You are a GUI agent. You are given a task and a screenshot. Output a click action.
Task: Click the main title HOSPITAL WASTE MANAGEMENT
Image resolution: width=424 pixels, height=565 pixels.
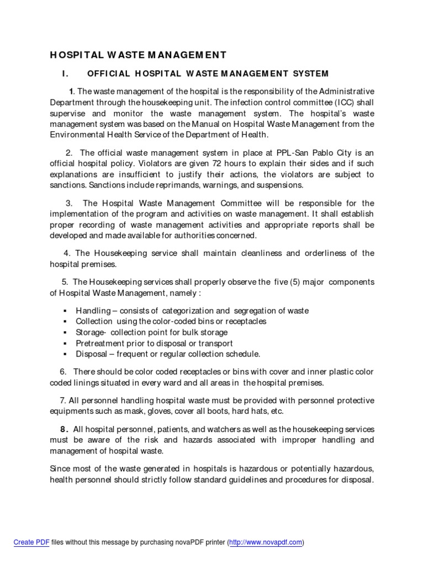pyautogui.click(x=138, y=55)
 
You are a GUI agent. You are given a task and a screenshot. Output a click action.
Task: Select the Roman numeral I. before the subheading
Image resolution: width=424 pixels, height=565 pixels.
pyautogui.click(x=64, y=73)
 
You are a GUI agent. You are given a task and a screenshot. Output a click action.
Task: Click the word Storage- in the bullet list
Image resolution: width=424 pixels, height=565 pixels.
pyautogui.click(x=91, y=332)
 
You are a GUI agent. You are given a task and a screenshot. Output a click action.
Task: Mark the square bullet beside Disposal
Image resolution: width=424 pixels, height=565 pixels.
pyautogui.click(x=65, y=354)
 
